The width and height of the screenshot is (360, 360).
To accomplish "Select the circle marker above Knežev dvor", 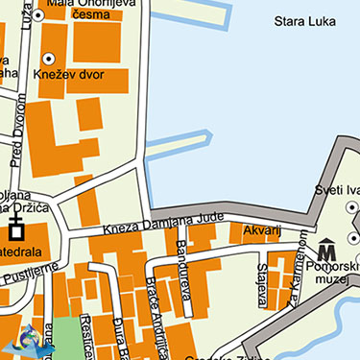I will click(48, 59).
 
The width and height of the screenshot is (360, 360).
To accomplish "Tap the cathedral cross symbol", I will click(15, 229).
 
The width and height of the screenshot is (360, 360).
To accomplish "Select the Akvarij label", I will click(261, 231).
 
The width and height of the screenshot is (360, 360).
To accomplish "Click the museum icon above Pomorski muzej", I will click(326, 247).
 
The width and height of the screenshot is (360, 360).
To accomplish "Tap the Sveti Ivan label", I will click(337, 190).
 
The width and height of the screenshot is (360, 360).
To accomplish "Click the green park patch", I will click(68, 337).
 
